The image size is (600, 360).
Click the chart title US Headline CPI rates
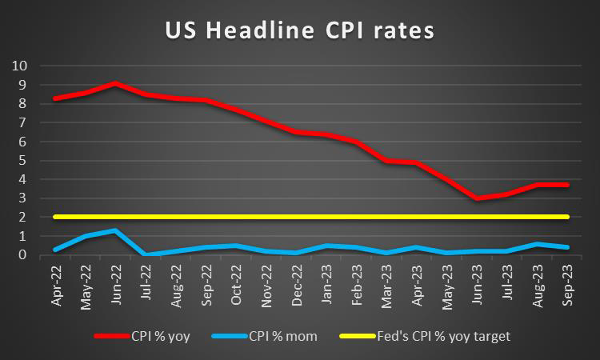click(x=299, y=30)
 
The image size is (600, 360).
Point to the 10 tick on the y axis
click(x=20, y=66)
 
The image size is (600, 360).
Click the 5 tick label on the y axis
click(x=22, y=160)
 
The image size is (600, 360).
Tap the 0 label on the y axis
click(x=22, y=255)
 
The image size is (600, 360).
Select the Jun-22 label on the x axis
click(x=117, y=281)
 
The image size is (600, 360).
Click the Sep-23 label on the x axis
click(x=565, y=281)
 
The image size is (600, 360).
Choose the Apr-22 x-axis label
click(x=57, y=281)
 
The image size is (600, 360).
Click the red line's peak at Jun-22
click(x=117, y=83)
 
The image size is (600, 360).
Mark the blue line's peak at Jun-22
click(x=117, y=230)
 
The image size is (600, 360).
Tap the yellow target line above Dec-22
click(x=297, y=217)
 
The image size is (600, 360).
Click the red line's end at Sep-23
click(x=566, y=185)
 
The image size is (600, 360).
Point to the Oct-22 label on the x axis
click(x=237, y=281)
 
